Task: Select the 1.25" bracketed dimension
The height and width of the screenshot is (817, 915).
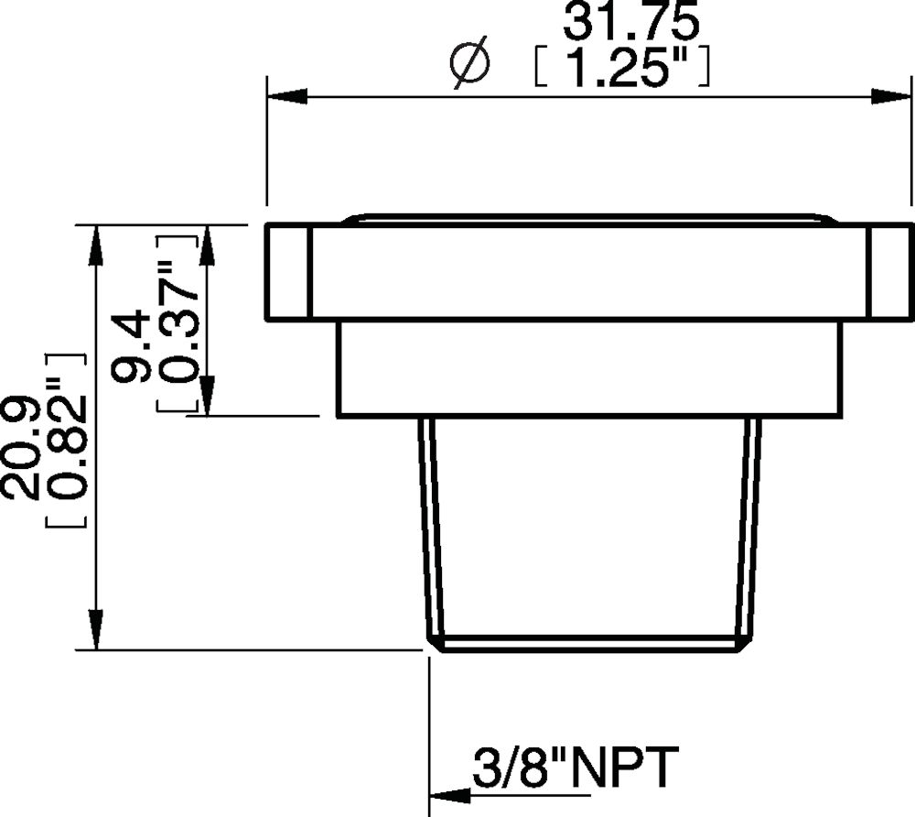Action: pyautogui.click(x=621, y=69)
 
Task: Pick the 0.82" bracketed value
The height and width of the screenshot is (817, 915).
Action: pyautogui.click(x=66, y=440)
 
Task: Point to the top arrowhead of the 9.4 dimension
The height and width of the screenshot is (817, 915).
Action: pyautogui.click(x=207, y=245)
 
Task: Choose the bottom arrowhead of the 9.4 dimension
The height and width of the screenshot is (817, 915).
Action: pyautogui.click(x=207, y=396)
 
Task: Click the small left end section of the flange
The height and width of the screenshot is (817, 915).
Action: pyautogui.click(x=286, y=272)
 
